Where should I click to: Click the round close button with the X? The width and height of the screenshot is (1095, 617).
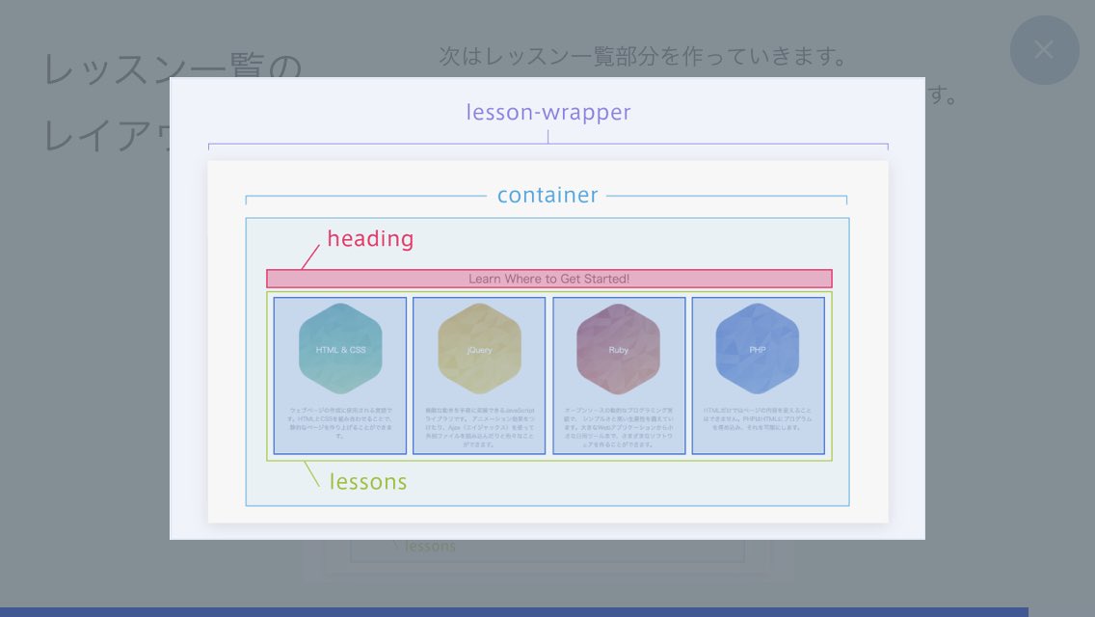(x=1044, y=50)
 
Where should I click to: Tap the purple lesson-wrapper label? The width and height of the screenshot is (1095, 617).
(x=548, y=113)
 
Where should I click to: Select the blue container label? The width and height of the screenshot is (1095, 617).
(x=547, y=196)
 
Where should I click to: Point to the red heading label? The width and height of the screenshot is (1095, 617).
(x=370, y=239)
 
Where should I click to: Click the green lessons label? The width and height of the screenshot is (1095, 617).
(x=368, y=481)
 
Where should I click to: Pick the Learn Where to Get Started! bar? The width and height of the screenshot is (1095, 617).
(x=548, y=279)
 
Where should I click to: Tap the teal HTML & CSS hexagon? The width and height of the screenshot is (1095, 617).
(x=340, y=349)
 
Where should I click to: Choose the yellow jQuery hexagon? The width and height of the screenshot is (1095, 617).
(x=479, y=349)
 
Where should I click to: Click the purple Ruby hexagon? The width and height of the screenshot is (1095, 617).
(x=618, y=349)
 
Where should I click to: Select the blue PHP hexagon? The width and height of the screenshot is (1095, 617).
(x=758, y=349)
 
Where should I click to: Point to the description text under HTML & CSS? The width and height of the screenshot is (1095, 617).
(x=340, y=422)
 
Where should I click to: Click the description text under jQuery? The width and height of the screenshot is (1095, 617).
(x=479, y=427)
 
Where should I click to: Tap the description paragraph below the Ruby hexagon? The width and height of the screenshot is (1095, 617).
(x=618, y=427)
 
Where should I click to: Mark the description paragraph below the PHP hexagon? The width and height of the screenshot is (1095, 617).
(x=758, y=418)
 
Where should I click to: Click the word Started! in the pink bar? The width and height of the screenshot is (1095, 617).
(x=605, y=279)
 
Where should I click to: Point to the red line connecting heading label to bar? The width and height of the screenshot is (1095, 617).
(x=309, y=257)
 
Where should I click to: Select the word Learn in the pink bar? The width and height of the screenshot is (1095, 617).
(x=485, y=279)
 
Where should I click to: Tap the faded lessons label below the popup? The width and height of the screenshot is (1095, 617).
(x=430, y=547)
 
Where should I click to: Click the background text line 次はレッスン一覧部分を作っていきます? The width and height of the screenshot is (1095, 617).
(x=642, y=56)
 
